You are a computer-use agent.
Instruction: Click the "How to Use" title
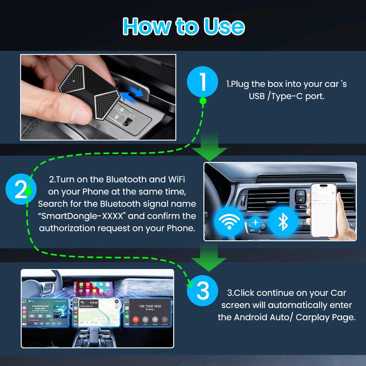(183, 26)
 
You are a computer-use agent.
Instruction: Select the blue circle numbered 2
(21, 189)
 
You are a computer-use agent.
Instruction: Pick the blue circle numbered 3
(203, 291)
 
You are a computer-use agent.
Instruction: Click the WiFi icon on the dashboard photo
(229, 221)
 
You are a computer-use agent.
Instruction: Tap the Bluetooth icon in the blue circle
(283, 221)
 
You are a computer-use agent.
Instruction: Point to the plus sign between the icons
(256, 223)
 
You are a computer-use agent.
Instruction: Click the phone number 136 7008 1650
(150, 306)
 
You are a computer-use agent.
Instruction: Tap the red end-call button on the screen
(136, 319)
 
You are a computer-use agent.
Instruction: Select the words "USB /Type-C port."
(286, 96)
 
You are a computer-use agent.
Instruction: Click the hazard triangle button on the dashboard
(300, 193)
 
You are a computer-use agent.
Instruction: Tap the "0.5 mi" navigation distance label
(93, 303)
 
